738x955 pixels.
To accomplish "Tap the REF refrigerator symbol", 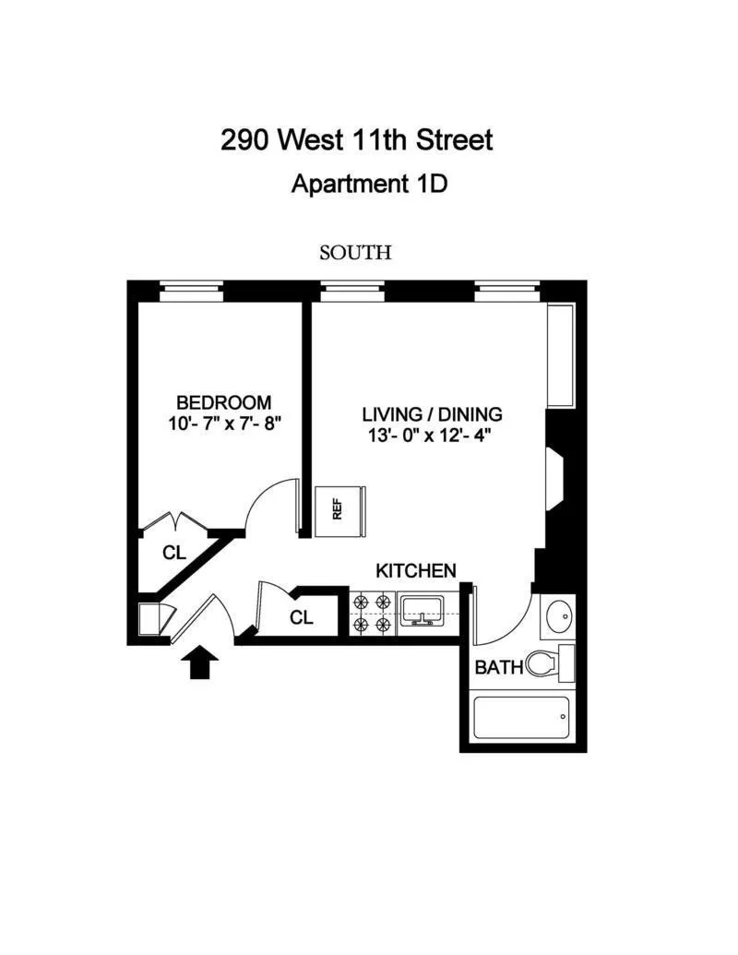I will [339, 510].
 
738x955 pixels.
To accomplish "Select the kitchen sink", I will [422, 609].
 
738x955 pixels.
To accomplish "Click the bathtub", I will [521, 718].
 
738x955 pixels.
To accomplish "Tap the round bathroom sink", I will [560, 615].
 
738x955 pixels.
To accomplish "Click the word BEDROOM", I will [224, 402].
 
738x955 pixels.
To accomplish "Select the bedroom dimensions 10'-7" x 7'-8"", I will [224, 424].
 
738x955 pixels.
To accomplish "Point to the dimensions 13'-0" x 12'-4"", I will [427, 435].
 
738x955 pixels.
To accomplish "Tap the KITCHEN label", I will [415, 570].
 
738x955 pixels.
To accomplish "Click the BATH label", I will [499, 666].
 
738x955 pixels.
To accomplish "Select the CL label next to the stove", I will [302, 617].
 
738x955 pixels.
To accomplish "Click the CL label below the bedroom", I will [174, 554].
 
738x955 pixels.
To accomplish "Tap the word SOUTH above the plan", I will [355, 252].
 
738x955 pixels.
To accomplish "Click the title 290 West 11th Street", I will [357, 140].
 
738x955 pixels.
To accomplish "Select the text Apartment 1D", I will [369, 184].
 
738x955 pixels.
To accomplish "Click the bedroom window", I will [192, 292].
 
